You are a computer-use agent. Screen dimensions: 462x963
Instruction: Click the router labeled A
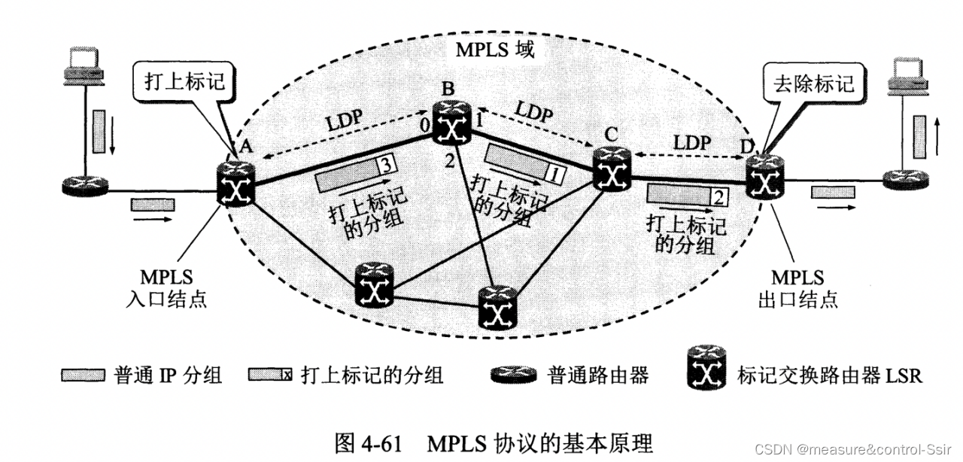pyautogui.click(x=236, y=184)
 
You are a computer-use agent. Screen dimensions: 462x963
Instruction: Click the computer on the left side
pyautogui.click(x=83, y=68)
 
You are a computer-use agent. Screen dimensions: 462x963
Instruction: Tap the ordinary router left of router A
pyautogui.click(x=84, y=185)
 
